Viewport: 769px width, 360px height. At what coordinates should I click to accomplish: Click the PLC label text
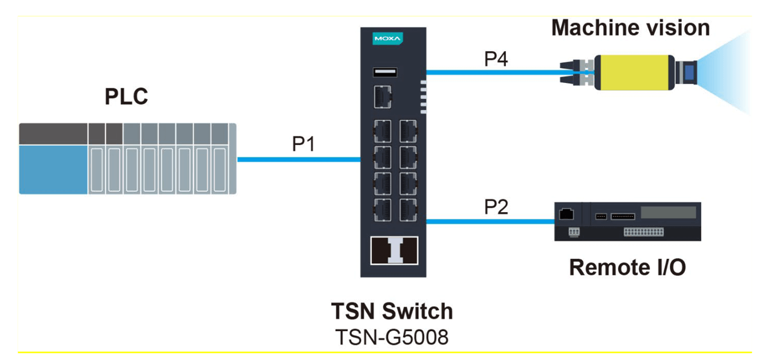126,97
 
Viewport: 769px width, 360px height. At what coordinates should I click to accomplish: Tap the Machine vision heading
630,28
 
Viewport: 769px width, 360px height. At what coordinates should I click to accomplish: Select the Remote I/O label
627,267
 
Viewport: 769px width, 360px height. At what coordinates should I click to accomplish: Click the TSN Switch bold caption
392,311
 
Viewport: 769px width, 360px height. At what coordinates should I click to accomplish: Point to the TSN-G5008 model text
392,337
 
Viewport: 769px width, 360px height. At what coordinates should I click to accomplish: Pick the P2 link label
496,207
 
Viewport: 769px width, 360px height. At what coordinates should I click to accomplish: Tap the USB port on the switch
384,73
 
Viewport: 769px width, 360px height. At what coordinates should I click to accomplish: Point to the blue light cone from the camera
727,72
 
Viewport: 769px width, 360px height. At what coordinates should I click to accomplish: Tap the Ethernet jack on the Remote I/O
565,213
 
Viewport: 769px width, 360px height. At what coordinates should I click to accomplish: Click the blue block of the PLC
53,169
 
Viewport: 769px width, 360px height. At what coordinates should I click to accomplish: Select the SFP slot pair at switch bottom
393,251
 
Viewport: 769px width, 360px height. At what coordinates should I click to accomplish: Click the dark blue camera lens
688,73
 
